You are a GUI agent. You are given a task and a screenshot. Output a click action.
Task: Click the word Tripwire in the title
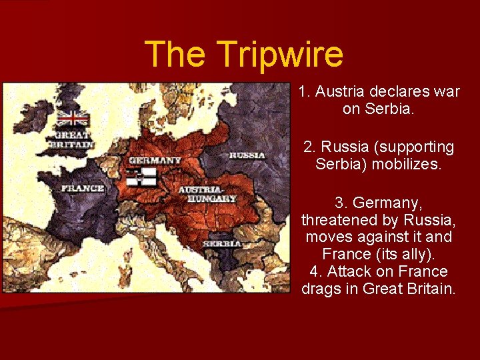(x=280, y=55)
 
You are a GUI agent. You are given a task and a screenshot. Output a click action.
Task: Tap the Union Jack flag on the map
(x=73, y=119)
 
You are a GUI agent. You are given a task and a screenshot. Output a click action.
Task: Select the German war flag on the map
(x=142, y=177)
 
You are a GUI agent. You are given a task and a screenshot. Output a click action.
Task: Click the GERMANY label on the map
(x=155, y=160)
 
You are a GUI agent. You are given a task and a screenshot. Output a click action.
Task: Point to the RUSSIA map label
(x=247, y=155)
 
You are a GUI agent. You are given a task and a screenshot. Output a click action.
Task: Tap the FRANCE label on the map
(x=83, y=188)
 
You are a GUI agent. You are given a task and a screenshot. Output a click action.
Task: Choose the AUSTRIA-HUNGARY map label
(x=207, y=194)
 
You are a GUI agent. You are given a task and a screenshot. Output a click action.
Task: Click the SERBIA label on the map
(x=222, y=244)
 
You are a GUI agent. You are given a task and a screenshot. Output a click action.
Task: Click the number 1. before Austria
(x=305, y=91)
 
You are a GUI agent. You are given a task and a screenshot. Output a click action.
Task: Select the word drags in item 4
(x=320, y=289)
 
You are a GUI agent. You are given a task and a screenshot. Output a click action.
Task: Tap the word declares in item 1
(x=400, y=91)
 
